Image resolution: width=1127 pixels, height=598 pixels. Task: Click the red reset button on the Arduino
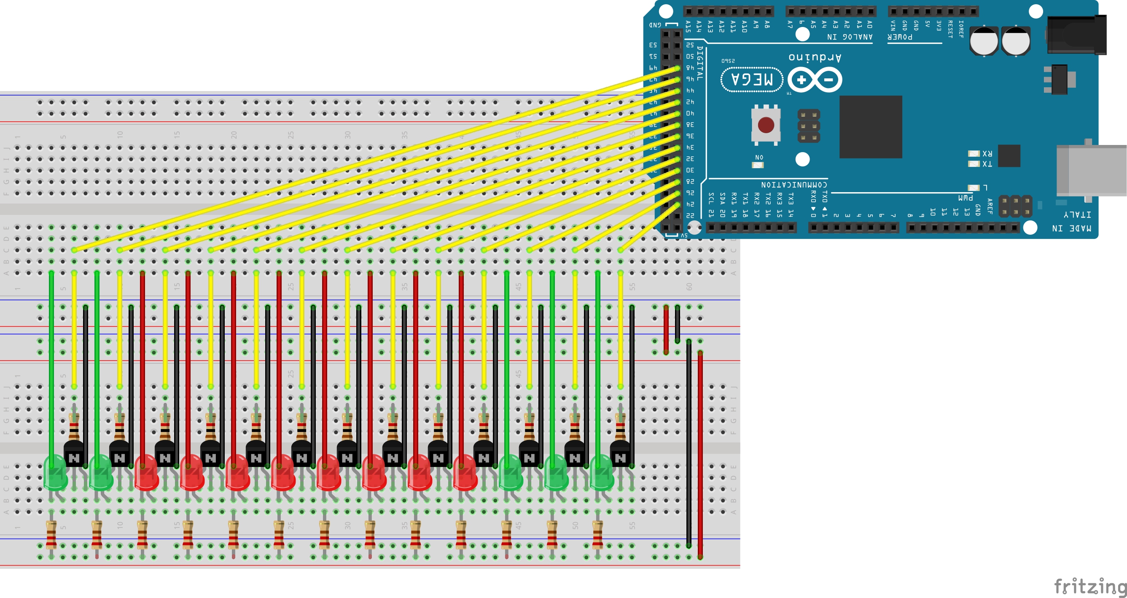click(x=766, y=125)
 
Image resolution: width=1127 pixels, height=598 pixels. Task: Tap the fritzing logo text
click(x=1089, y=586)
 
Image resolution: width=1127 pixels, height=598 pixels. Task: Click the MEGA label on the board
click(x=752, y=80)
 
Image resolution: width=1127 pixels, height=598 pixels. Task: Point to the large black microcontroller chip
click(x=871, y=127)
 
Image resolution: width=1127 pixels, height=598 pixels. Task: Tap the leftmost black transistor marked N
click(x=74, y=455)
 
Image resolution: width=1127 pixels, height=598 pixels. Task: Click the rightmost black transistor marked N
click(x=620, y=455)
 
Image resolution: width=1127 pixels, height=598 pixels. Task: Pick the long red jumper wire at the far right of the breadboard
click(x=700, y=455)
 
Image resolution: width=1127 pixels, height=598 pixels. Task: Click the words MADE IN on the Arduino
click(x=1071, y=228)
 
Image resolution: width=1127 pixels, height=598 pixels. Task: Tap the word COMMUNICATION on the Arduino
click(x=794, y=185)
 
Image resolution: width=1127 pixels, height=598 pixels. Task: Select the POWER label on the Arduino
click(x=900, y=37)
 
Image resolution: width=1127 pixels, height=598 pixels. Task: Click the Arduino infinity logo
click(x=815, y=80)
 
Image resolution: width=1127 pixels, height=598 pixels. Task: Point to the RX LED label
click(x=987, y=153)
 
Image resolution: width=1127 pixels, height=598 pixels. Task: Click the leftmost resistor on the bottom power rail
click(x=51, y=534)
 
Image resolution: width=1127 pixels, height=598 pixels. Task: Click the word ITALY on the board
click(x=1077, y=215)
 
